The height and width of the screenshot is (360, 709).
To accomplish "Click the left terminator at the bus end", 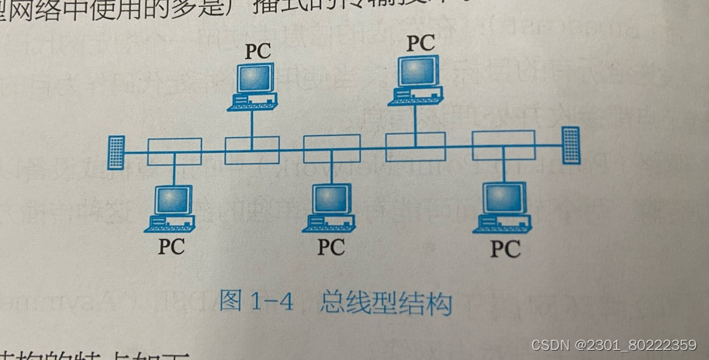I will tap(116, 153).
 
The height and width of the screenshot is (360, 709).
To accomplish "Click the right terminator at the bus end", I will tap(571, 145).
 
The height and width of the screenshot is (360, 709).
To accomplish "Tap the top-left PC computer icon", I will tap(253, 85).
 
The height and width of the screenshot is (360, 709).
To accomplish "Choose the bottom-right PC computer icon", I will tap(503, 207).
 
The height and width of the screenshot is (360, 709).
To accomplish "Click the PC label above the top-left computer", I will tap(259, 51).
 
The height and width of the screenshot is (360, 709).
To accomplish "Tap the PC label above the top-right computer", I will tap(420, 43).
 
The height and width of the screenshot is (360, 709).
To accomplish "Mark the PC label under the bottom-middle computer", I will tap(331, 247).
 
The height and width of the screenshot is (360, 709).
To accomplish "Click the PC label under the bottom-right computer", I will tap(506, 249).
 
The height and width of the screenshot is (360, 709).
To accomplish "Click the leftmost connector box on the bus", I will tap(175, 151).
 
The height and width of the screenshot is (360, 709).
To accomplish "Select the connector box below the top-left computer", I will tap(252, 149).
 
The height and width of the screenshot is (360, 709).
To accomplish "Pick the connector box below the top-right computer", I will tap(415, 145).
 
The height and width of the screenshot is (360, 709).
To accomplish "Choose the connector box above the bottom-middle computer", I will tap(331, 148).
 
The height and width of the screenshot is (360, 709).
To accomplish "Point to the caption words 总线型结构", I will tap(385, 302).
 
